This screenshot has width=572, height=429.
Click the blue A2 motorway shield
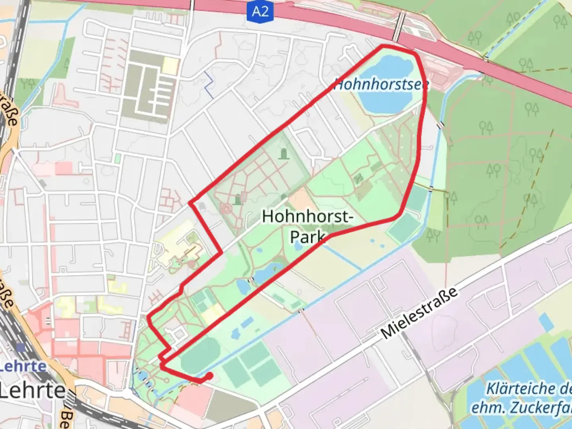click(x=260, y=11)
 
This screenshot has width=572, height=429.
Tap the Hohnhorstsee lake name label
click(x=381, y=85)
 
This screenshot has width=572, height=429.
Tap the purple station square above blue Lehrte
click(x=21, y=348)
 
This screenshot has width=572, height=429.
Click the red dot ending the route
click(x=209, y=375)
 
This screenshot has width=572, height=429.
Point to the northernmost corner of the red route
click(x=383, y=46)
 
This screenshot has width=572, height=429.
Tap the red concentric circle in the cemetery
click(x=226, y=208)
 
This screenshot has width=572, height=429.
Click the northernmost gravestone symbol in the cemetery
click(x=283, y=153)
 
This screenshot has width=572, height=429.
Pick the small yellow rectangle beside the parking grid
click(x=170, y=66)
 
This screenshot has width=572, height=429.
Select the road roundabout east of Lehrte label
click(x=127, y=394)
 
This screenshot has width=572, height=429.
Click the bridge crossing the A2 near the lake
click(x=400, y=27)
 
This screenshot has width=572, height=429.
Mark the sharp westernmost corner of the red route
click(x=149, y=317)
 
